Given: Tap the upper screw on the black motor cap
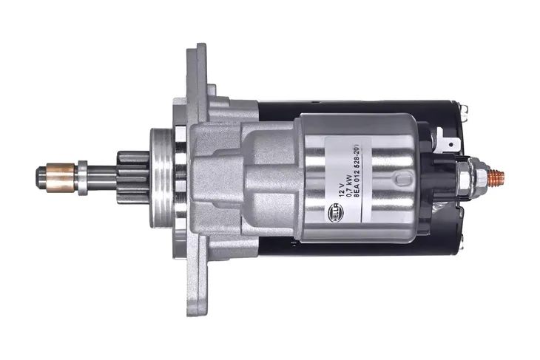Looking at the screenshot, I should (463, 112).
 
